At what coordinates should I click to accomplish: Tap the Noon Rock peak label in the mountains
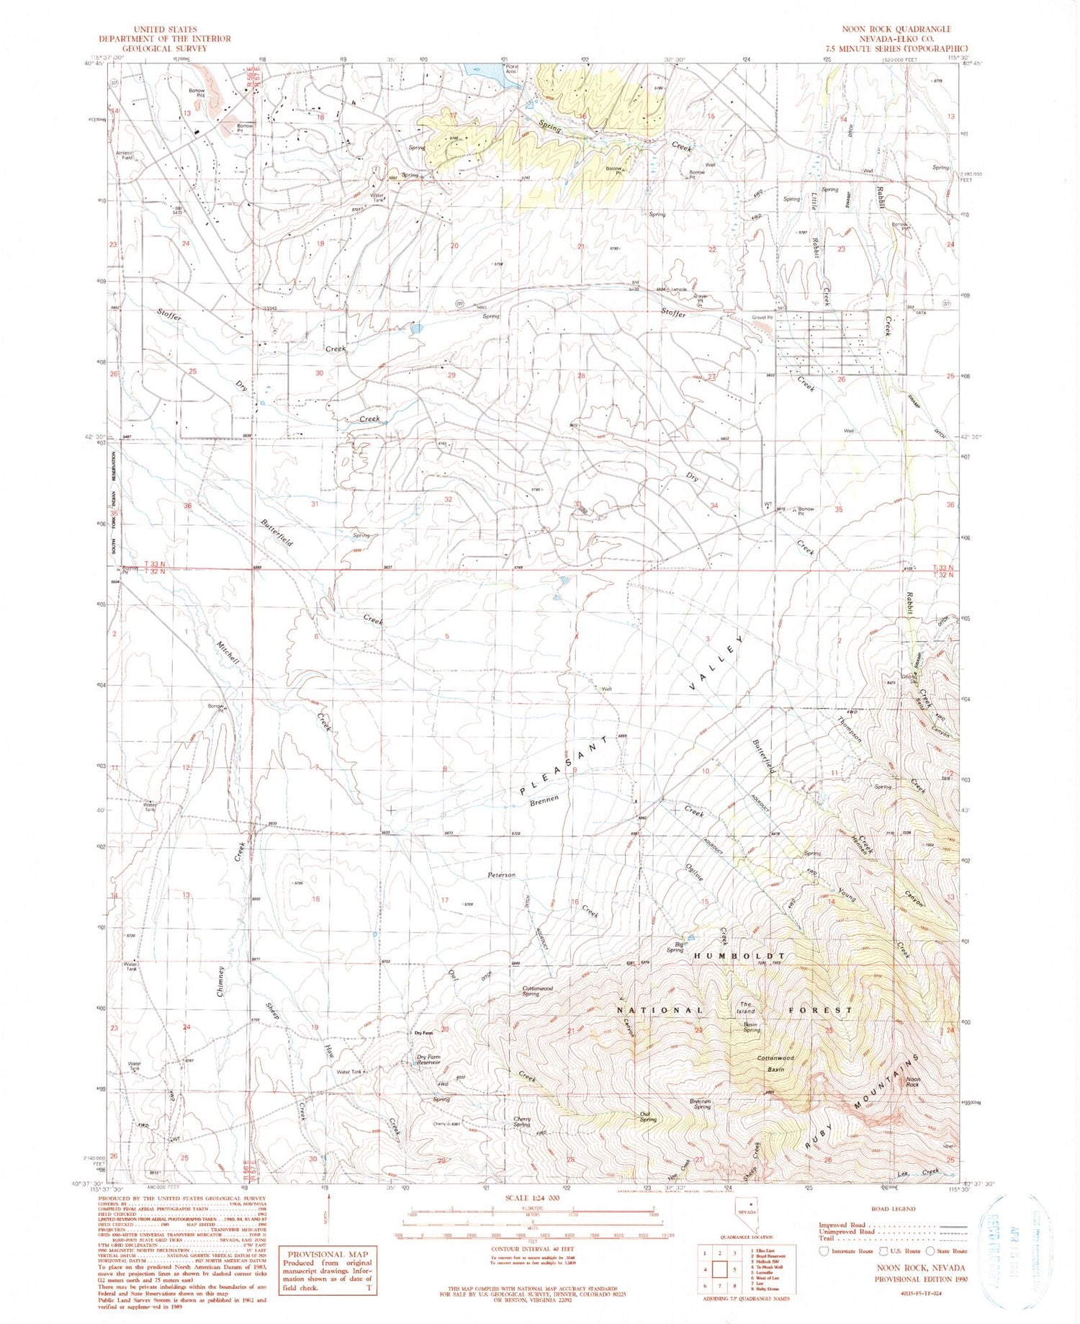pyautogui.click(x=913, y=1081)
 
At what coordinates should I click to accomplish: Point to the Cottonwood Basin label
pyautogui.click(x=775, y=1062)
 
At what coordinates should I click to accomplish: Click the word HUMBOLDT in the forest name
pyautogui.click(x=739, y=956)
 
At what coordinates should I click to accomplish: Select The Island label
pyautogui.click(x=746, y=1007)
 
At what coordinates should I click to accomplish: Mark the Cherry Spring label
pyautogui.click(x=522, y=1122)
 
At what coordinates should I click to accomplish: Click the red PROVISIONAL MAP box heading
pyautogui.click(x=328, y=1254)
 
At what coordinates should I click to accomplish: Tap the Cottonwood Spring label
pyautogui.click(x=537, y=991)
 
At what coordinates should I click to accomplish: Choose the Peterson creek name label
pyautogui.click(x=502, y=875)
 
